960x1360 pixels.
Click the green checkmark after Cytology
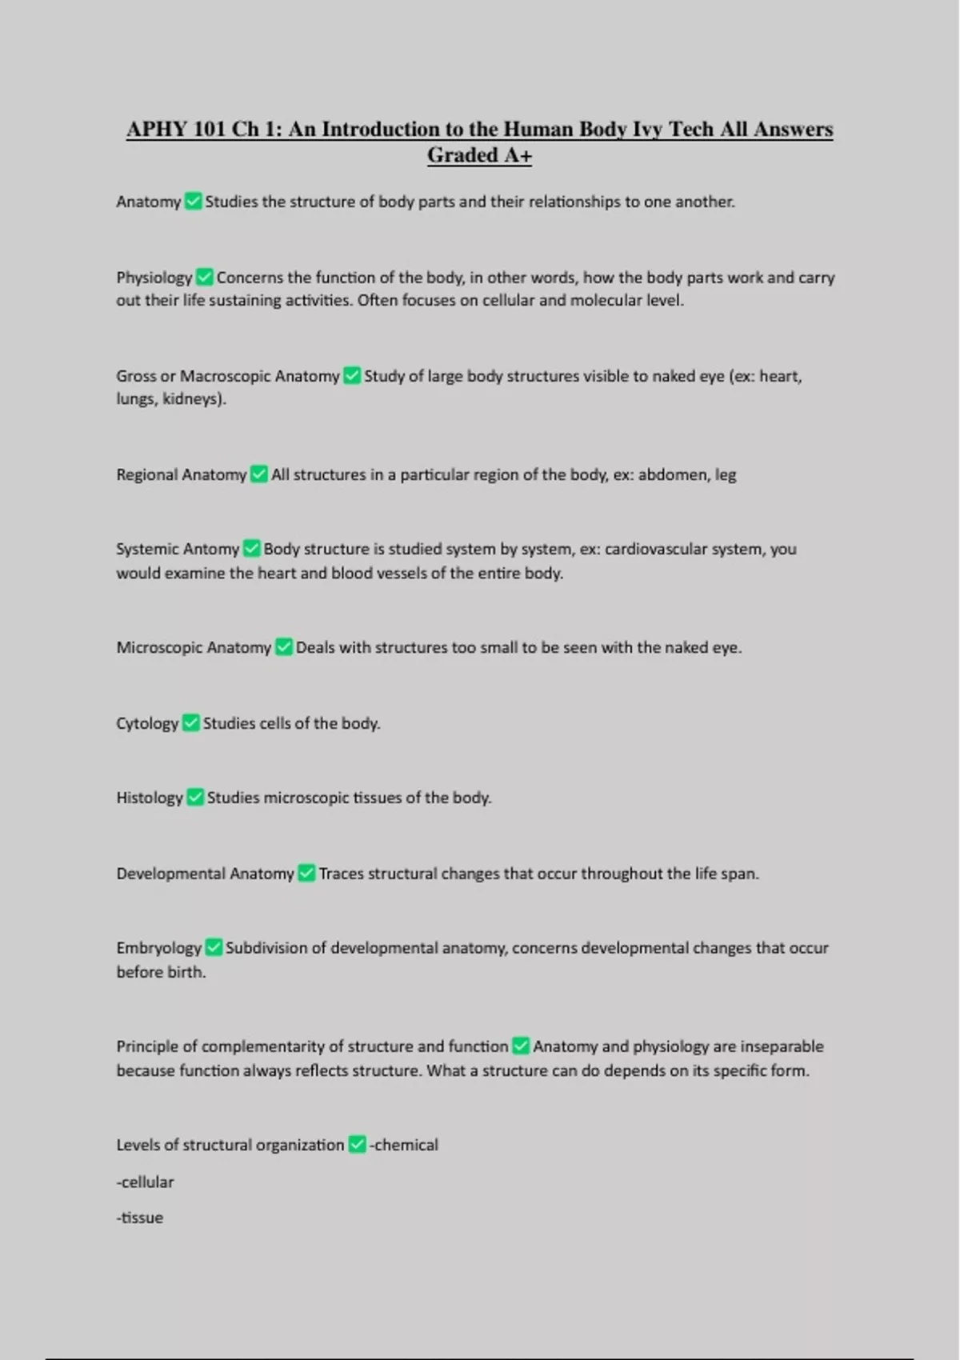coord(190,723)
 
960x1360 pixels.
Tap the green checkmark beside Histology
coord(195,798)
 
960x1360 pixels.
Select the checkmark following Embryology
coord(214,948)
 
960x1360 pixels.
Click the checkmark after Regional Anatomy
coord(258,474)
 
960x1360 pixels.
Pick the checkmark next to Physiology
coord(204,278)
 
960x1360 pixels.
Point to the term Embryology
coord(158,948)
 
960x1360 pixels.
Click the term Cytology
coord(147,723)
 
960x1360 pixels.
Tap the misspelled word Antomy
coord(212,549)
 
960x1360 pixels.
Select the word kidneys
coord(191,398)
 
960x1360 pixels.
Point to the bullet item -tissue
coord(140,1218)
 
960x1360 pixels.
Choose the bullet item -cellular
coord(145,1182)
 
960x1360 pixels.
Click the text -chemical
coord(403,1145)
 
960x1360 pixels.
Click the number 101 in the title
coord(210,130)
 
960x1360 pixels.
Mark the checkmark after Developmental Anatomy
coord(306,874)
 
